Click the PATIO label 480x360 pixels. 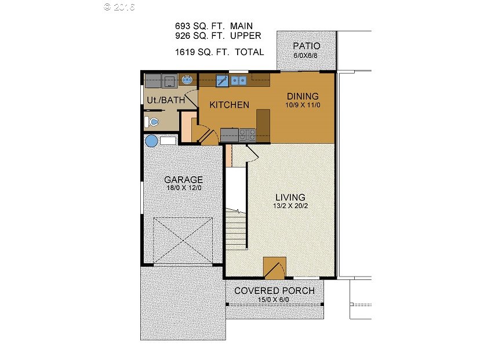(307, 46)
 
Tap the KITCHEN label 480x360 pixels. (230, 105)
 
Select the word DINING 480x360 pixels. (303, 96)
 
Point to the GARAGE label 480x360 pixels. (184, 179)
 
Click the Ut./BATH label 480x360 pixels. (166, 100)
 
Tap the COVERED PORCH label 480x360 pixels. (274, 290)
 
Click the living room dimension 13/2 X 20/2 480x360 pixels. (290, 206)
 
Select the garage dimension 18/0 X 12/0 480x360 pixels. (184, 188)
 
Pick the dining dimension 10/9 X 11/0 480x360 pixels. (303, 105)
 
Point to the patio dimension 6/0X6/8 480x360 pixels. (306, 56)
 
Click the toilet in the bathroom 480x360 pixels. (151, 122)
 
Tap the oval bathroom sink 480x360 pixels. (187, 80)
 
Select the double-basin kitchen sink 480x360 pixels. (239, 81)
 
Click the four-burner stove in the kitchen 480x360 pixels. (248, 135)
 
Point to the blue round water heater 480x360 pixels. (151, 141)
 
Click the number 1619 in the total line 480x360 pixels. (185, 52)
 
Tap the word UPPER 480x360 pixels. (246, 36)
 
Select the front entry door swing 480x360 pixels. (275, 268)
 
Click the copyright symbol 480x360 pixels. (107, 7)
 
